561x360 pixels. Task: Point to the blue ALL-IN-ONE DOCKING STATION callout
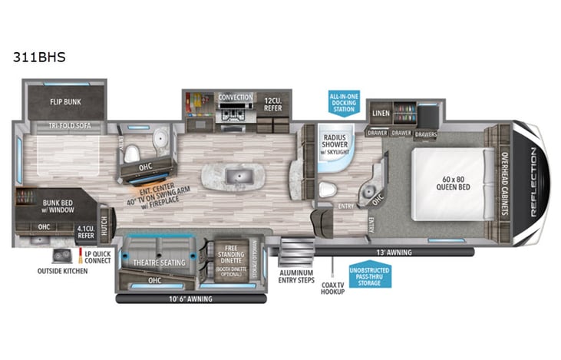tap(343, 102)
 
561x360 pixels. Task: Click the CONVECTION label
tap(236, 97)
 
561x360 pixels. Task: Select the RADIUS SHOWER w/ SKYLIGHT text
tap(335, 144)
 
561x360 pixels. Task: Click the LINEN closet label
tap(381, 113)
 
